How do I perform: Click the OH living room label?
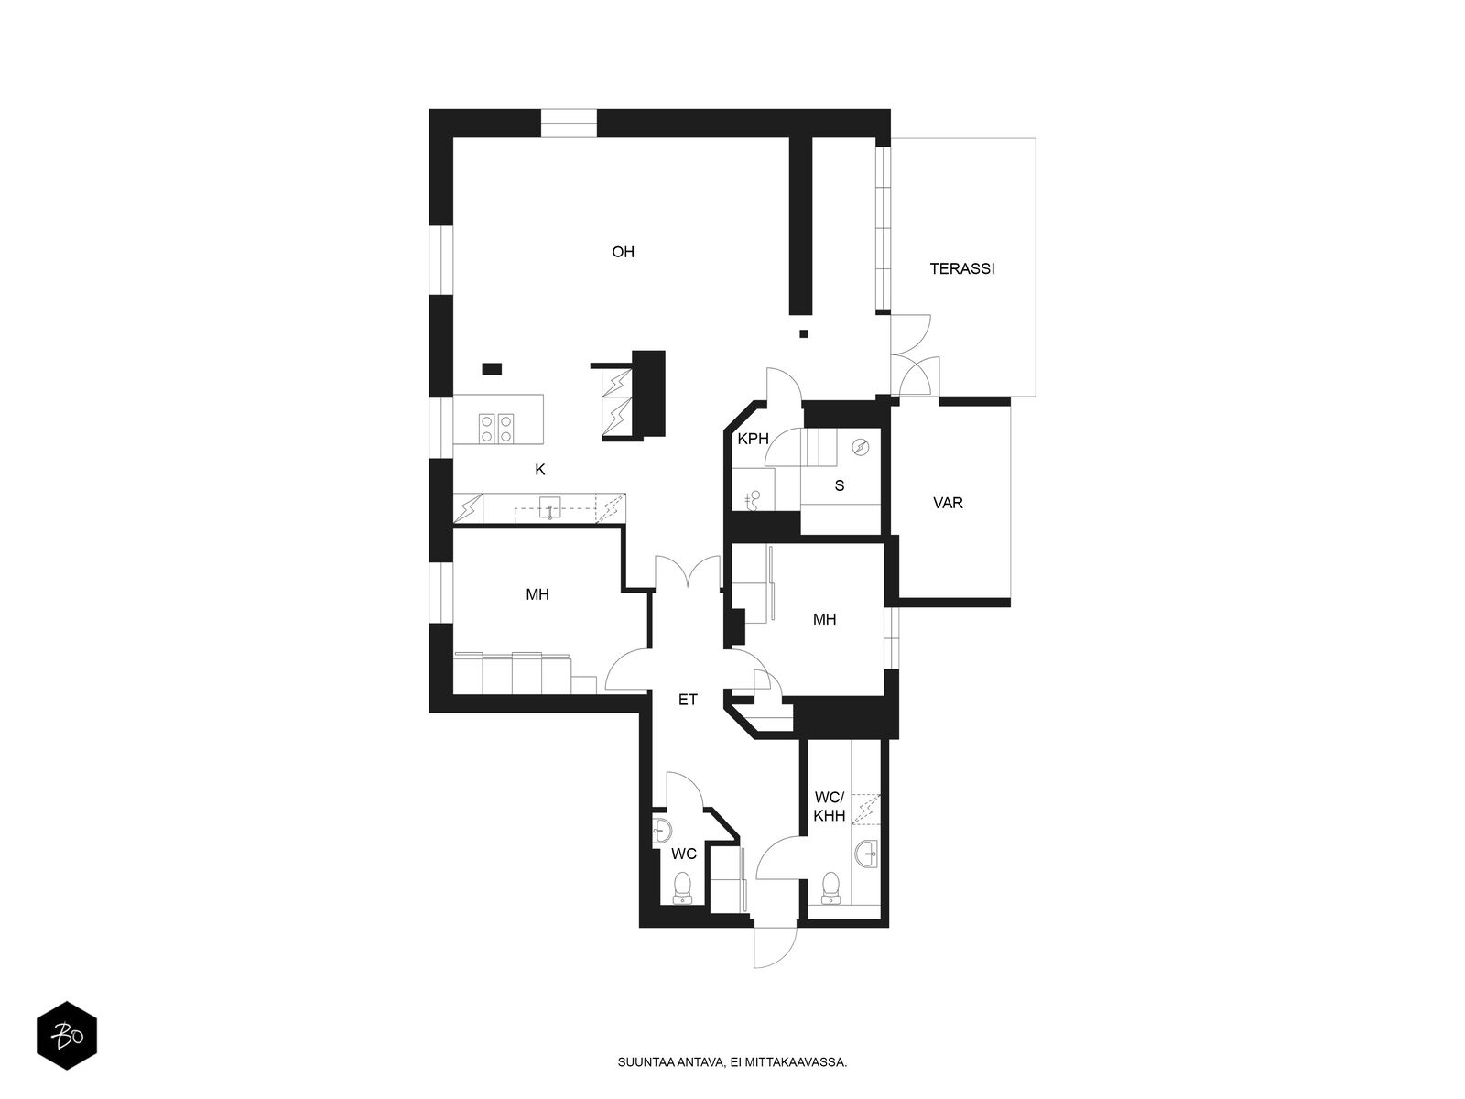tap(623, 252)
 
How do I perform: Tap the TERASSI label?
tap(961, 268)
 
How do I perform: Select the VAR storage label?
tap(948, 503)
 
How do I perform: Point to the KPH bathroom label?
tap(753, 439)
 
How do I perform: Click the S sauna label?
tap(840, 485)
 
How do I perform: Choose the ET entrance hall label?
tap(688, 700)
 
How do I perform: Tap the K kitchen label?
tap(540, 470)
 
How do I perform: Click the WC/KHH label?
tap(830, 806)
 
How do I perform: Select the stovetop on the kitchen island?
tap(497, 429)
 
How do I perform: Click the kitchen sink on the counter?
tap(550, 507)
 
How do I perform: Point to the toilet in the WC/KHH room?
tap(830, 887)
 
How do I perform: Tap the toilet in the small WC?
tap(682, 887)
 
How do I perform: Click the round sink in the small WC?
tap(661, 831)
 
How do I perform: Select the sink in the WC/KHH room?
tap(868, 854)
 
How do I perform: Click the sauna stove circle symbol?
tap(861, 447)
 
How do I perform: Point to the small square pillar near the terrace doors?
tap(804, 333)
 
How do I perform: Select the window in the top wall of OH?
tap(568, 124)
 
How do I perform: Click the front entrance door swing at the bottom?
tap(776, 948)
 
